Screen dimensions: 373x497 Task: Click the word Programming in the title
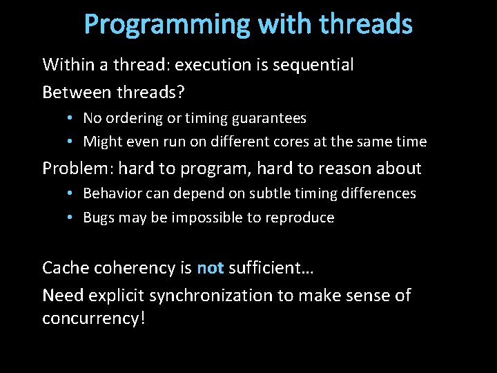166,25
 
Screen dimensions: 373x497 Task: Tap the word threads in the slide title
366,24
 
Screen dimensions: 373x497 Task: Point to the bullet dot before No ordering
72,119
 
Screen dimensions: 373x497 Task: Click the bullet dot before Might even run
72,142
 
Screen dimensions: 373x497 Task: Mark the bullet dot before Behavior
72,194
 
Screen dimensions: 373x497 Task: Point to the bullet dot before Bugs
72,218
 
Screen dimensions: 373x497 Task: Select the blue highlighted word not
210,268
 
